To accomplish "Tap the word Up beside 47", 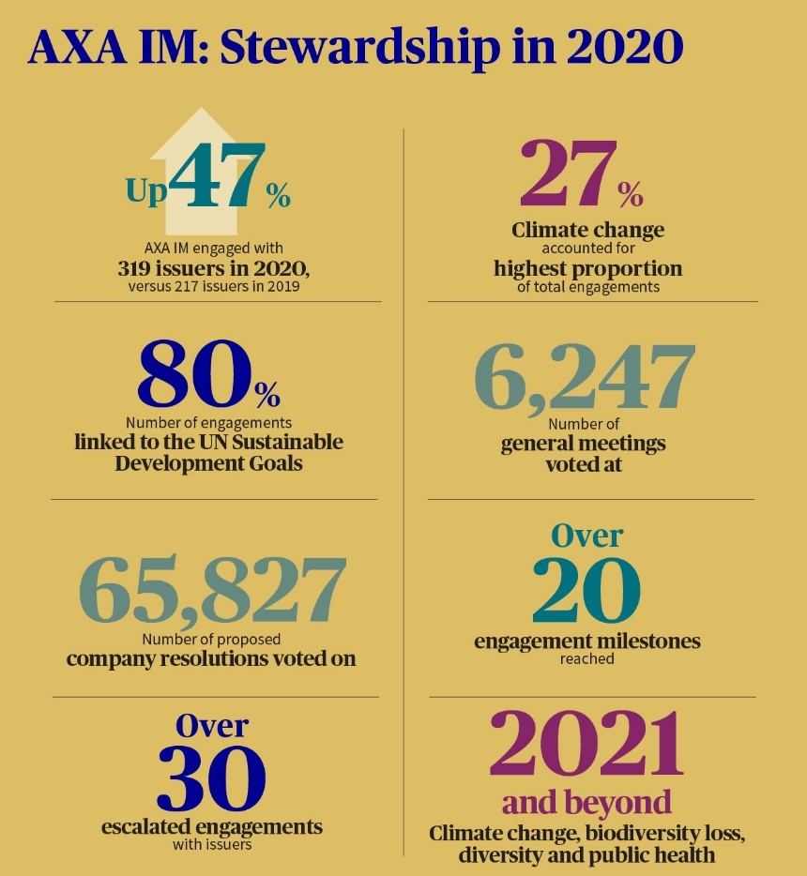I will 146,191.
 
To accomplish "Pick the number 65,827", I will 212,592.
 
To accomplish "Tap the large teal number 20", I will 586,592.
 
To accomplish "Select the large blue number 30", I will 211,779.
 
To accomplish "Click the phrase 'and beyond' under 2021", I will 586,803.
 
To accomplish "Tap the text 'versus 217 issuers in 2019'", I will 214,287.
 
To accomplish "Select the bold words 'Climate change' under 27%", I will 587,230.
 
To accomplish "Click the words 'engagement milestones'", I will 587,642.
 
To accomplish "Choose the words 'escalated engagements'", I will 212,826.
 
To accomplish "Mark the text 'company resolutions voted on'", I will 212,658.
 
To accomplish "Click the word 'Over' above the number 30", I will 212,725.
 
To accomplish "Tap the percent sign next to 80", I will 266,389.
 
